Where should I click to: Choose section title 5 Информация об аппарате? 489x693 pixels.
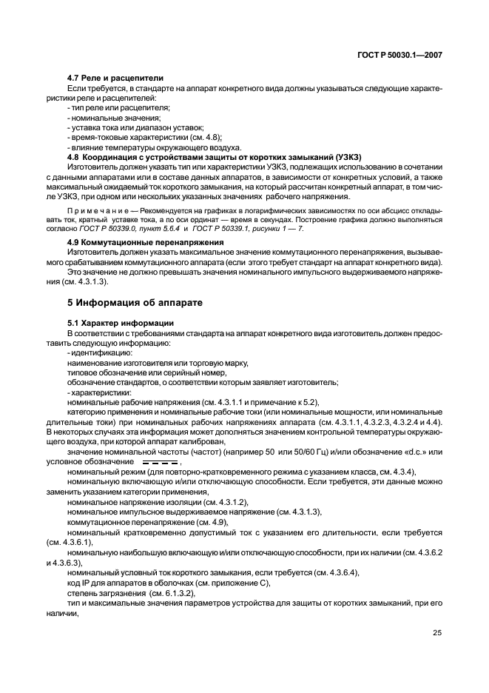(129, 303)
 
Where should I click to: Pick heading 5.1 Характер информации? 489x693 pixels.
(120, 323)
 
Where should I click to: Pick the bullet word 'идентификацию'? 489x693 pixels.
(101, 353)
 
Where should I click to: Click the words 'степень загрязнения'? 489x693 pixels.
(106, 594)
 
